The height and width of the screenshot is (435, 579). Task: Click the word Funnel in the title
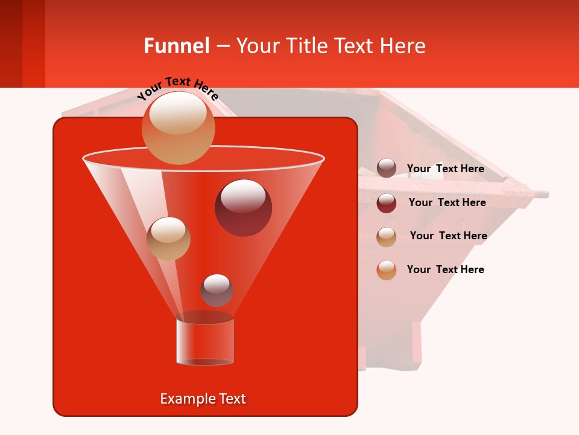click(176, 46)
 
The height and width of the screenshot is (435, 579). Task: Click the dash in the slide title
click(222, 46)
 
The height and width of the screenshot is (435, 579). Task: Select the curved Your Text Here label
click(177, 88)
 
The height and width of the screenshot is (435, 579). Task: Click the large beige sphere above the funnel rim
click(178, 127)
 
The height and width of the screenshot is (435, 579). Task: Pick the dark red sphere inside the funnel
click(243, 207)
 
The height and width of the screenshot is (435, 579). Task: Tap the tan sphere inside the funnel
click(168, 238)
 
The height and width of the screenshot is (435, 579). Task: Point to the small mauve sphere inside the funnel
click(217, 290)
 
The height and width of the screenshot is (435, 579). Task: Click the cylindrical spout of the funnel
click(205, 341)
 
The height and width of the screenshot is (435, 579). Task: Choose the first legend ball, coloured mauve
click(387, 168)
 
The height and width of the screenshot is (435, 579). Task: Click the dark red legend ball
click(387, 202)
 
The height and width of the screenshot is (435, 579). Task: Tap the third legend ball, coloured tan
click(387, 236)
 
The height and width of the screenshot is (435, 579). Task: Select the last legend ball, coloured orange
click(387, 270)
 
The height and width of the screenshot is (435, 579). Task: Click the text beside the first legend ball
click(445, 169)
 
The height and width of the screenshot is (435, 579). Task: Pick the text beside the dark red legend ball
click(447, 202)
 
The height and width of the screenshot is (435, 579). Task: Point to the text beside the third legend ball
click(448, 236)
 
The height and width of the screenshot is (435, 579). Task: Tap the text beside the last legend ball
click(445, 269)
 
